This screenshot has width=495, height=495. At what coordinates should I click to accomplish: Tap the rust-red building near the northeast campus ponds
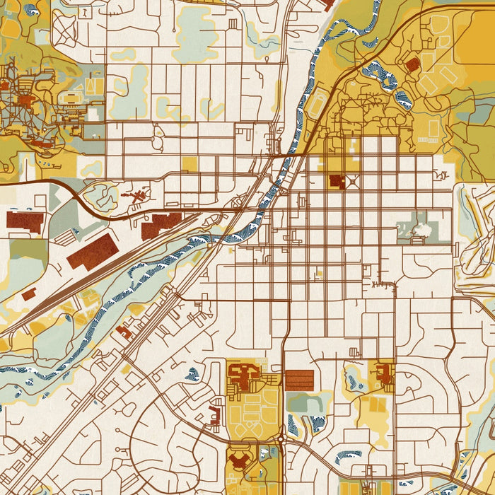[412, 65]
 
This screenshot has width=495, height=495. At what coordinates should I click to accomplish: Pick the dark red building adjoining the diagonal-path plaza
[337, 182]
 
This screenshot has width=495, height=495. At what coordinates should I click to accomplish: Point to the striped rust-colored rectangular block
[298, 380]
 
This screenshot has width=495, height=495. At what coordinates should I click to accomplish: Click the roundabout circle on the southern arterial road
[280, 439]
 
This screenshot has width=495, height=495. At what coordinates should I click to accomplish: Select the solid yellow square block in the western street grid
[190, 164]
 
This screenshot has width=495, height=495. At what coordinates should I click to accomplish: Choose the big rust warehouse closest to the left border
[25, 221]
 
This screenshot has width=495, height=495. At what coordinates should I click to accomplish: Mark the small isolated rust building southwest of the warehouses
[28, 294]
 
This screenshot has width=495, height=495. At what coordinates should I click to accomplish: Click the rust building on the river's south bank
[124, 331]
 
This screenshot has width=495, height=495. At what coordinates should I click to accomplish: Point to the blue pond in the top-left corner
[30, 10]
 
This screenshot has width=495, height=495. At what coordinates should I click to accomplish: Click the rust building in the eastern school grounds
[385, 375]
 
